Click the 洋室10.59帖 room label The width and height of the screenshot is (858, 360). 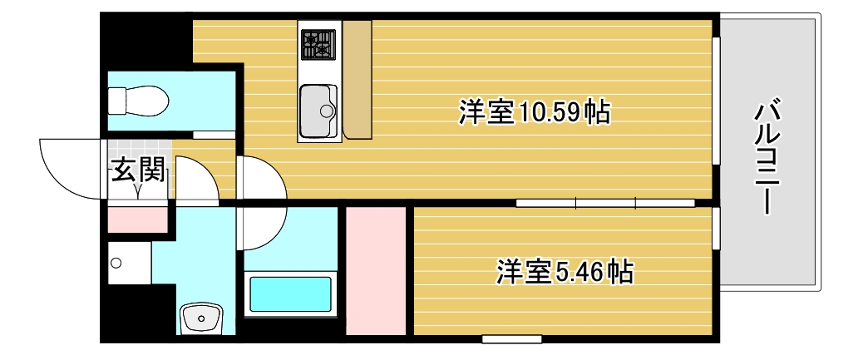click(x=534, y=112)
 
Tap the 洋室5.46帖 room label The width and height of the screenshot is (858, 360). click(x=565, y=271)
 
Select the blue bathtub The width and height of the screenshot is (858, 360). click(x=290, y=294)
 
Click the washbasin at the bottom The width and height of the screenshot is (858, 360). click(x=201, y=318)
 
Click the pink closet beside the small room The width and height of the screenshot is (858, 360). click(x=375, y=271)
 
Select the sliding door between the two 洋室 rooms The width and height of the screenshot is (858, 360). click(x=605, y=202)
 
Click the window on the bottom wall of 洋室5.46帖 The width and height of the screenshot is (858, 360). click(x=511, y=338)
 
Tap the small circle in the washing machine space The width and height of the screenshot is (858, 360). click(x=116, y=264)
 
